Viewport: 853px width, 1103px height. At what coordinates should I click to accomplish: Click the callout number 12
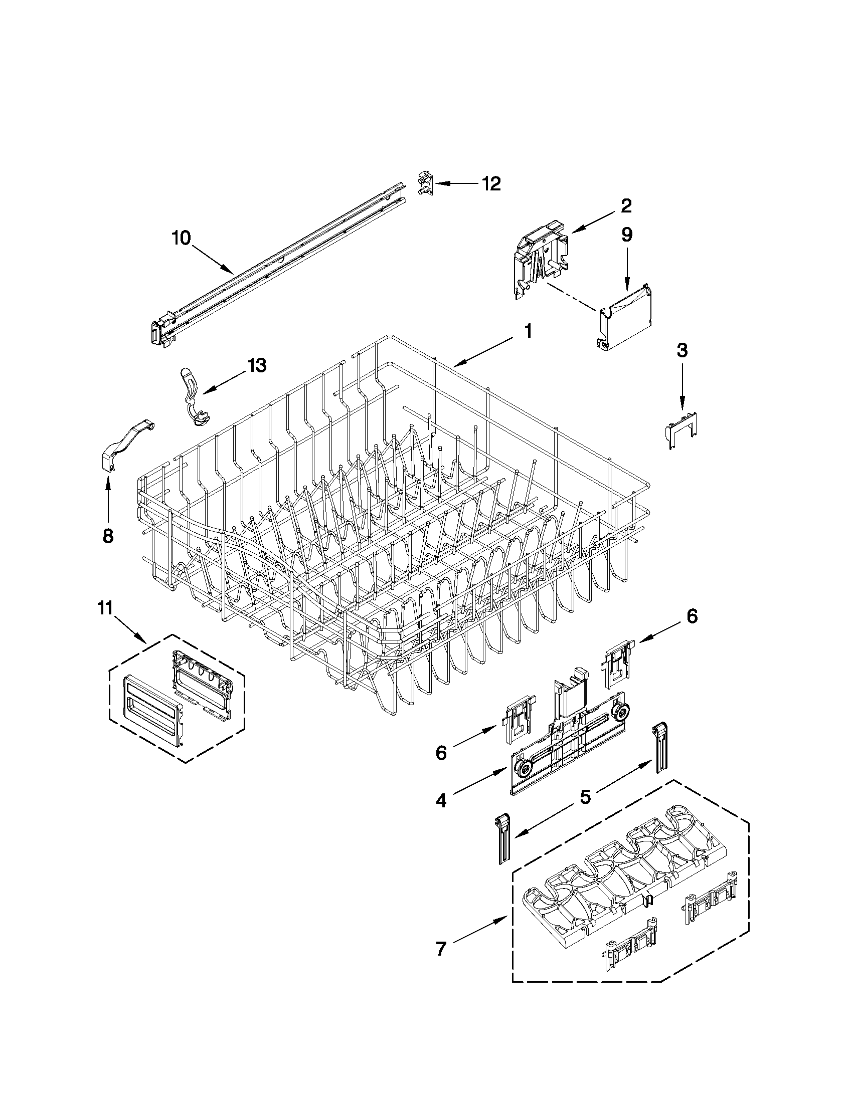(489, 184)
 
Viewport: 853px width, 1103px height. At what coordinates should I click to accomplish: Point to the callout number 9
(627, 235)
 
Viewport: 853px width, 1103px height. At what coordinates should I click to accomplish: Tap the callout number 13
(257, 365)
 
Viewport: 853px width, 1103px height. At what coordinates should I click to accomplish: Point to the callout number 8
(108, 535)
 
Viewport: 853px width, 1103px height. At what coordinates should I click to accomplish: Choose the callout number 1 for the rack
(528, 331)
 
